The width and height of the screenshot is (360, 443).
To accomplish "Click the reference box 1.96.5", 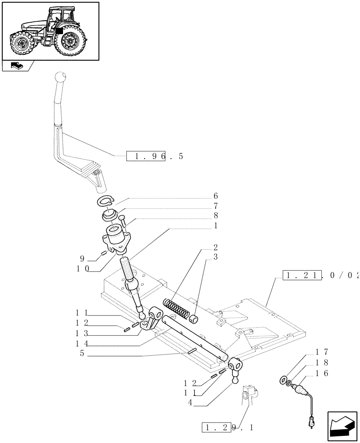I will pos(155,156).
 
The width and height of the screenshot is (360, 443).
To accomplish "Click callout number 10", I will pos(83,268).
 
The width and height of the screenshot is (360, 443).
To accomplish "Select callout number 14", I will pos(83,343).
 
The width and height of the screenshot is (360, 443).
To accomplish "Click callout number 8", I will pos(215,216).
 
